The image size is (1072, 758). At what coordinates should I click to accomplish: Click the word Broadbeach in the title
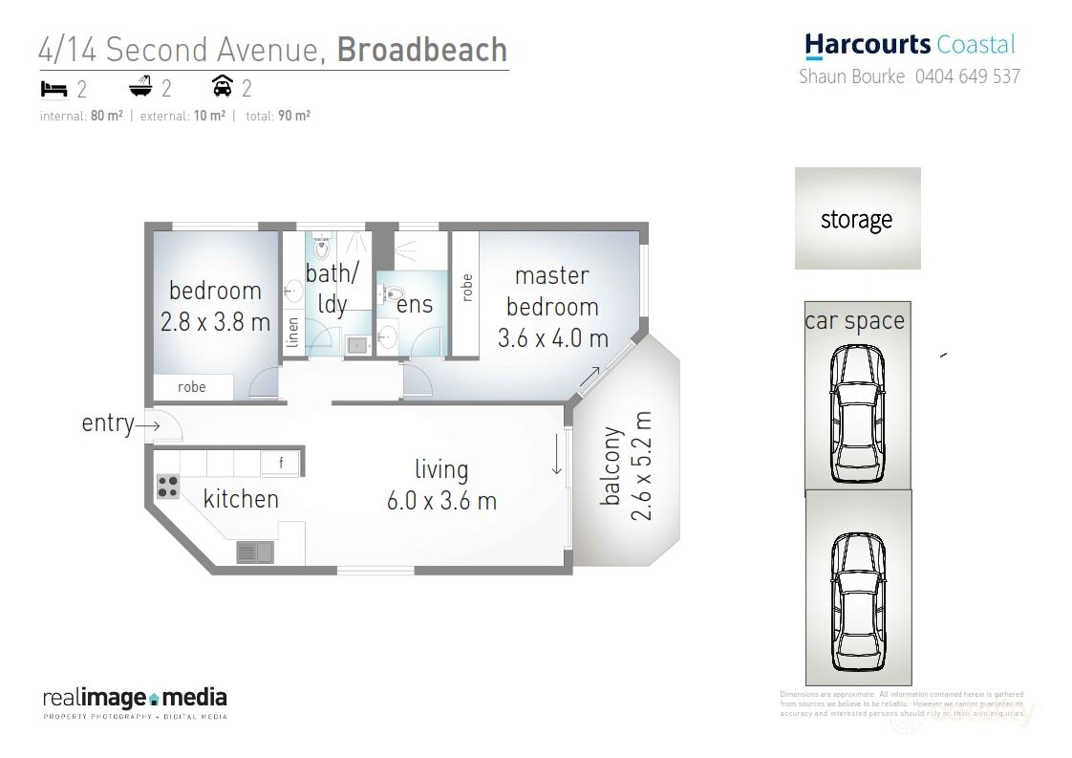coord(422,50)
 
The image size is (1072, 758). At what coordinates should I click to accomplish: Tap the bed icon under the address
coord(54,89)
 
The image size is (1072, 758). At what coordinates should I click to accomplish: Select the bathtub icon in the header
coord(140,88)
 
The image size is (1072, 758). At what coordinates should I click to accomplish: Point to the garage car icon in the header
coord(222,88)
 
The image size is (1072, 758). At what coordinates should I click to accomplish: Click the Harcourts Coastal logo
coord(910,44)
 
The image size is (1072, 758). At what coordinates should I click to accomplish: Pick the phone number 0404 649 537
coord(967,76)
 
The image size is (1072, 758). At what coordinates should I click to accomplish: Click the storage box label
coord(856,220)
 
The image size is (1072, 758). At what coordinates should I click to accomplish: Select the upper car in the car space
coord(856,413)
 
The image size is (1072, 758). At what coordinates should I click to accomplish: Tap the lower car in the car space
coord(856,601)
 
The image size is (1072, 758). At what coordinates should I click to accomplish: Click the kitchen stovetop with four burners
coord(168,487)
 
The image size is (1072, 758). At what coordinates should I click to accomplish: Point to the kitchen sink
coord(255,552)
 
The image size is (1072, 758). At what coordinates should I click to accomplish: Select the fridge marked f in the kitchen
coord(281,465)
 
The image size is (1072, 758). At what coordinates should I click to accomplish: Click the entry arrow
coord(148,423)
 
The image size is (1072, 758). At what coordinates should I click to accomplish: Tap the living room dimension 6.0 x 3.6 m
coord(441,501)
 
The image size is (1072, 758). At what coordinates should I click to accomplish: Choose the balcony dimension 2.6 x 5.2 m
coord(641,466)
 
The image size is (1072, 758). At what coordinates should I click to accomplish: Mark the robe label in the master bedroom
coord(466,289)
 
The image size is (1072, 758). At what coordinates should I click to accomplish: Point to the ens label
coord(415,305)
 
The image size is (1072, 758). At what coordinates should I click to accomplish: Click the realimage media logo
coord(135,700)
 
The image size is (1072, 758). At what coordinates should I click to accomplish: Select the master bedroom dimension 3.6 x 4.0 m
coord(552,337)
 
